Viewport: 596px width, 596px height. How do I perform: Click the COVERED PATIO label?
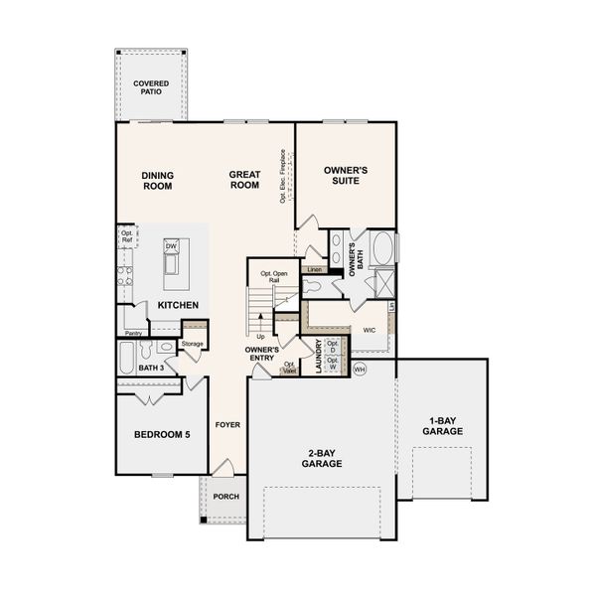pyautogui.click(x=151, y=87)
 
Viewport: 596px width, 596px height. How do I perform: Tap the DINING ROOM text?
pyautogui.click(x=157, y=179)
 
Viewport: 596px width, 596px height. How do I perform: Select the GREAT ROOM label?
pyautogui.click(x=244, y=179)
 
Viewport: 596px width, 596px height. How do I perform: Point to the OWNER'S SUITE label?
pyautogui.click(x=346, y=176)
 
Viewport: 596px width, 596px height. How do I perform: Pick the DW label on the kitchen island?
pyautogui.click(x=171, y=246)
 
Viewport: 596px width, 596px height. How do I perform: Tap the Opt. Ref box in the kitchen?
pyautogui.click(x=126, y=236)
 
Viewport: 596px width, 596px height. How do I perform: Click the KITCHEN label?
pyautogui.click(x=178, y=305)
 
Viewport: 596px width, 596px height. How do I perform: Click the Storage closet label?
pyautogui.click(x=193, y=344)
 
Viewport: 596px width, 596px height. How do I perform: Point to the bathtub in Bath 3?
pyautogui.click(x=126, y=354)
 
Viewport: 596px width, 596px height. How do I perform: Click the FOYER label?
pyautogui.click(x=227, y=425)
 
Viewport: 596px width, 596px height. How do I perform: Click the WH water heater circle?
pyautogui.click(x=360, y=369)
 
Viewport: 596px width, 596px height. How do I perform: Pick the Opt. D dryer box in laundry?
pyautogui.click(x=333, y=348)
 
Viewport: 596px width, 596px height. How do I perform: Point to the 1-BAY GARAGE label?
pyautogui.click(x=442, y=427)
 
